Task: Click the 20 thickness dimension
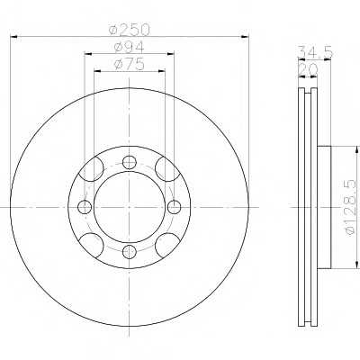[x=310, y=67]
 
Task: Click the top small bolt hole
[x=129, y=163]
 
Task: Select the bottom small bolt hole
[x=129, y=250]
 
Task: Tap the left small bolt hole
[x=85, y=207]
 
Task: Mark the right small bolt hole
[x=173, y=207]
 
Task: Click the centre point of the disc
[x=129, y=207]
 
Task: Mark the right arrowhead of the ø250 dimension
[x=245, y=36]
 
